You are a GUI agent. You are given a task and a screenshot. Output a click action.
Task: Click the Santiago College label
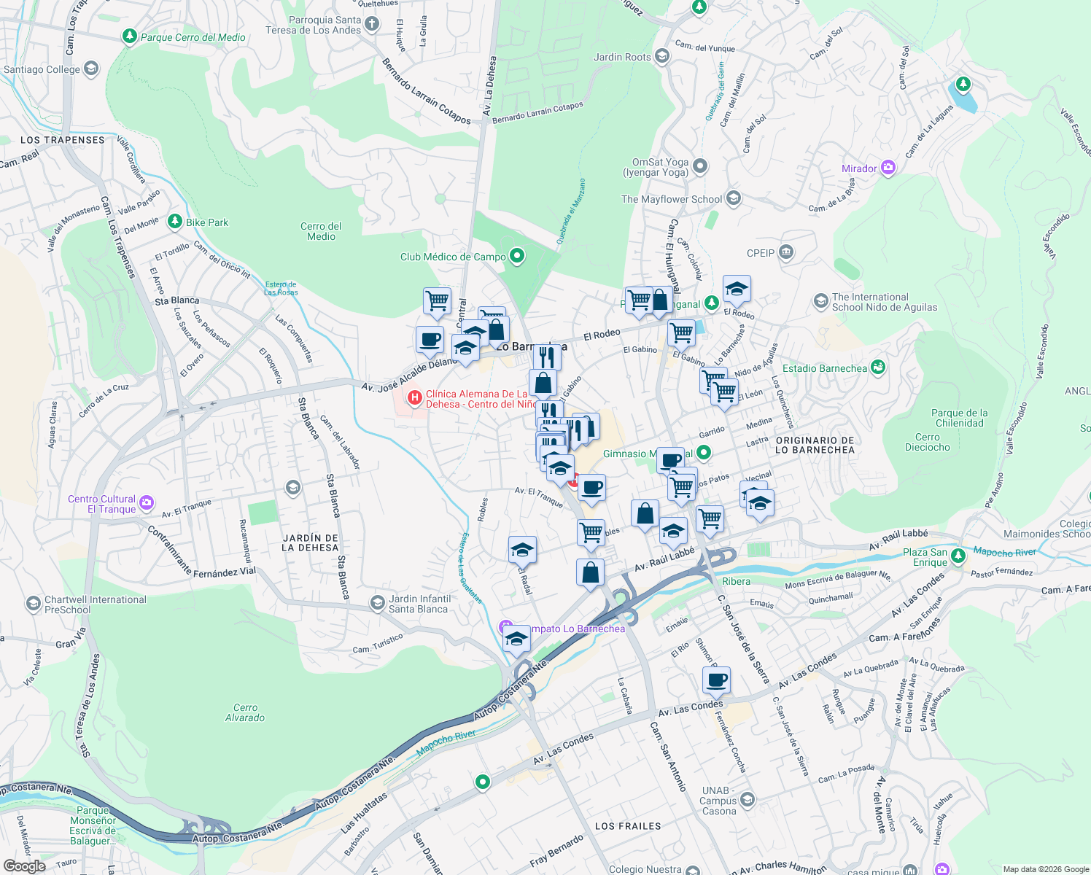pos(42,70)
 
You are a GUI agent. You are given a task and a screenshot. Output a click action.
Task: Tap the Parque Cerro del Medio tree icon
pos(130,36)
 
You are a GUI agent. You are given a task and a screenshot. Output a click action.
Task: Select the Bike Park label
pos(207,222)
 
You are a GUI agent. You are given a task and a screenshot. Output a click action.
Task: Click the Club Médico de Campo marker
pos(517,256)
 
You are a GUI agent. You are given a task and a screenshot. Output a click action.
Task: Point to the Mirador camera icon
pos(888,168)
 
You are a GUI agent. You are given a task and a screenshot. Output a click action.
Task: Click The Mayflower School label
pos(671,199)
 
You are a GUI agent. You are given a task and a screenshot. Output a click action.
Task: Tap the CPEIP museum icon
pos(786,252)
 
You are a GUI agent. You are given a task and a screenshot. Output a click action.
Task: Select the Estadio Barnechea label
pos(824,368)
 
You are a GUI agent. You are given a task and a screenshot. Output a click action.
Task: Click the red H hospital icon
pos(414,397)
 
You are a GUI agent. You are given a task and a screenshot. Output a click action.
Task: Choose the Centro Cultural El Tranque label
pos(102,504)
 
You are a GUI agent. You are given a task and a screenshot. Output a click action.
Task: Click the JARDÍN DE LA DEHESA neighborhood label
pos(310,542)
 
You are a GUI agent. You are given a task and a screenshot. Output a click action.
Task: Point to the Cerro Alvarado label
pos(245,712)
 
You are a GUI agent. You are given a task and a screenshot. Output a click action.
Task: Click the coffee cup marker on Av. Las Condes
pos(716,681)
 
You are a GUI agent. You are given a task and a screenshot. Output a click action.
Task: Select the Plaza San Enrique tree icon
pos(958,556)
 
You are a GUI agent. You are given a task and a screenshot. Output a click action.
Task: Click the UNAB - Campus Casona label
pos(718,801)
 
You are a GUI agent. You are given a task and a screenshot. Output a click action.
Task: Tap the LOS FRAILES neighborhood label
pos(628,826)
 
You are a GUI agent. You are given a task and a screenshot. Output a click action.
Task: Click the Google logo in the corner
pos(24,866)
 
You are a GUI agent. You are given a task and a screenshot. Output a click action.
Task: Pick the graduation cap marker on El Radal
pos(522,551)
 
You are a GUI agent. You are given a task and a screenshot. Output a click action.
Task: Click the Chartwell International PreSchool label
pos(95,604)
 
